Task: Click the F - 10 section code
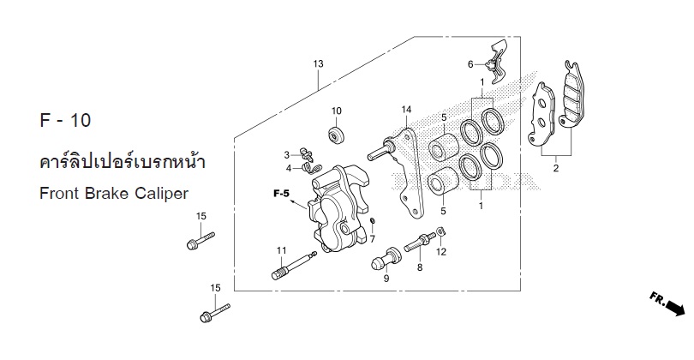click(65, 121)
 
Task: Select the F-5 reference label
click(281, 194)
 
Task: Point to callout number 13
click(318, 63)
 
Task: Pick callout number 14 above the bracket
click(406, 110)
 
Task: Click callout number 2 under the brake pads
click(556, 168)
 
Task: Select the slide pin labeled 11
click(294, 266)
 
